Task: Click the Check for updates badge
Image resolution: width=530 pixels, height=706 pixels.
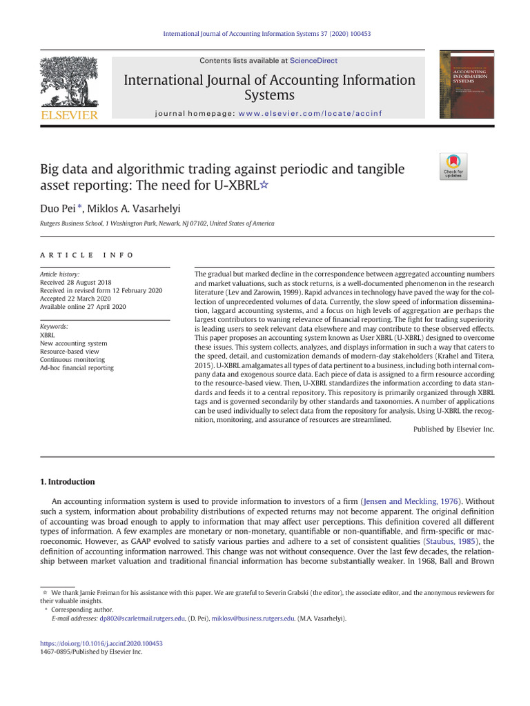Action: [453, 166]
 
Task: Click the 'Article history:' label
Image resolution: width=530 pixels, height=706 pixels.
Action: [60, 274]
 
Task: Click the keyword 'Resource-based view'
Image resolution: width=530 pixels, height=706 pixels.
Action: [70, 352]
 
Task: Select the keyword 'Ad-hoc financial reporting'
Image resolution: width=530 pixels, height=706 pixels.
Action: [77, 368]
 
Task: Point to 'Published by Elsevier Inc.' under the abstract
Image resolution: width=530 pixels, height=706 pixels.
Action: [453, 429]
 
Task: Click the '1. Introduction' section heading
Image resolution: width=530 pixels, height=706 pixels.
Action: [67, 482]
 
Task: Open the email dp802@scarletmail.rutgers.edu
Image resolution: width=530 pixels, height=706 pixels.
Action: [142, 618]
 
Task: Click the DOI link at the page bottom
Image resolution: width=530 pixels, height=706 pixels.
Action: [101, 643]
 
